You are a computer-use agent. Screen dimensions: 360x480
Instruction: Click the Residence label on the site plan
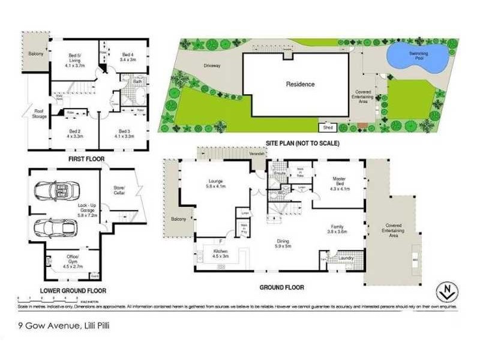click(300, 85)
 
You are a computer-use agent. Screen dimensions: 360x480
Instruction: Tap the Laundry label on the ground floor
click(344, 259)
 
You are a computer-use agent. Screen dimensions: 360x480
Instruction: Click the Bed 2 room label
click(74, 134)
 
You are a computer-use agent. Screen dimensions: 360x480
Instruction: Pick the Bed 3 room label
click(124, 134)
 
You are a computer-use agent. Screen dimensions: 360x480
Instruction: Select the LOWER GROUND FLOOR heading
click(73, 290)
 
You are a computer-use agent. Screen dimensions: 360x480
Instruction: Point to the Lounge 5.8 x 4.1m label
click(215, 182)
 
